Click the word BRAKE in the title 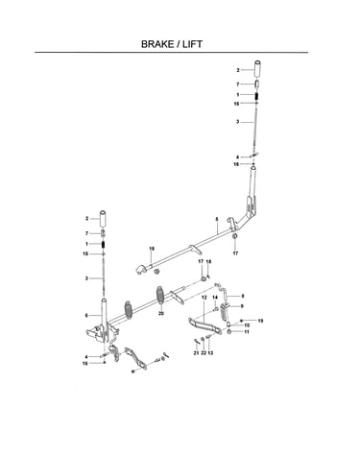coord(157,44)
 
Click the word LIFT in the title coord(192,44)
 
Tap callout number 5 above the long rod coord(217,219)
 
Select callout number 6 coord(86,316)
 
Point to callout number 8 coord(243,296)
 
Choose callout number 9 coord(242,306)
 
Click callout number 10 coord(247,325)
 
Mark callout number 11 coord(247,332)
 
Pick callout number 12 coord(204,298)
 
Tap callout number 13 coord(210,353)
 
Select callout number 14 coord(215,298)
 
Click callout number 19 coord(260,321)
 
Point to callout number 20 coord(161,314)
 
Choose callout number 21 coord(196,353)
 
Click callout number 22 coord(204,353)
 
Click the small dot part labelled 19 coord(241,321)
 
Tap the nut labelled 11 coord(229,332)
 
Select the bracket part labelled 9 coord(225,311)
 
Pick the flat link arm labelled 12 coord(204,325)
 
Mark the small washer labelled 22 coord(203,339)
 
